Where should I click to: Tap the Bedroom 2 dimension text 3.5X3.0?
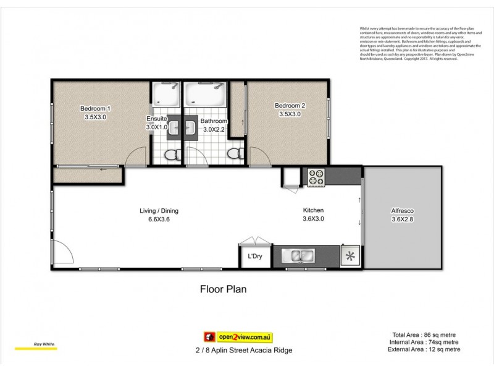290,114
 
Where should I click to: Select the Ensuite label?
157,119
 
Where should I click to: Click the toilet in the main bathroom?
233,153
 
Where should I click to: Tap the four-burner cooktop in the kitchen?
316,177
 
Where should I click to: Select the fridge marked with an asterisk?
351,256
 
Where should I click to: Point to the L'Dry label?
255,257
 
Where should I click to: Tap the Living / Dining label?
159,211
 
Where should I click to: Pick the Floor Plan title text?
223,289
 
